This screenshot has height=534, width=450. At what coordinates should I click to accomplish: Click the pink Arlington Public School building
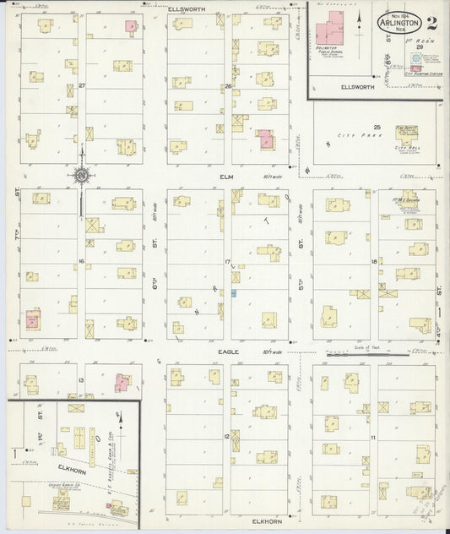point(325,35)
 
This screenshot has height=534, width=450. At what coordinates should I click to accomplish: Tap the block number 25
point(378,127)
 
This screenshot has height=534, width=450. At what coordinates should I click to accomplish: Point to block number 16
point(81,261)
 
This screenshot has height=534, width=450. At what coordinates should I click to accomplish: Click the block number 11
point(372,437)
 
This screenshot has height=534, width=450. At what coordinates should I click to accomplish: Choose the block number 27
point(82,86)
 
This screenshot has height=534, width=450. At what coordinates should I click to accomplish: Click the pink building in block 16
point(34,319)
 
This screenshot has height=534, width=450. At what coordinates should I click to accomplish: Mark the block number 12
point(226,436)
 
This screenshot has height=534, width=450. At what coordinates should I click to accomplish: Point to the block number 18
point(373,262)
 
